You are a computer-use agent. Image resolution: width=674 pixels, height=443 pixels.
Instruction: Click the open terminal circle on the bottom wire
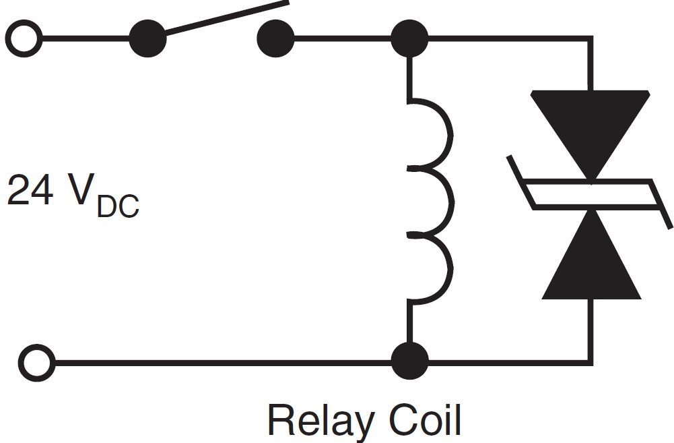[37, 363]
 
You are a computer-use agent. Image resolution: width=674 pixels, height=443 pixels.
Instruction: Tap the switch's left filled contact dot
[147, 38]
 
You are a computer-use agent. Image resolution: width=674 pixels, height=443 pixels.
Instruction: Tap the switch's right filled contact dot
[275, 38]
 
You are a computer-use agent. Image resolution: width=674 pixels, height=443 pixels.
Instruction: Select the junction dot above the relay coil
[409, 38]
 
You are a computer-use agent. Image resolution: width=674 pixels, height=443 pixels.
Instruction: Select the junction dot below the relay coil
[409, 361]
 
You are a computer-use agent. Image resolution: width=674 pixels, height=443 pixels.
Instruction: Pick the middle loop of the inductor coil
[438, 200]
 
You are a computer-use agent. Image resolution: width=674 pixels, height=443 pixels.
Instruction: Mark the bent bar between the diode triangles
[591, 194]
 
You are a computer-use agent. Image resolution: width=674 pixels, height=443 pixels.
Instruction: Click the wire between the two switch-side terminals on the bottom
[222, 363]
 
